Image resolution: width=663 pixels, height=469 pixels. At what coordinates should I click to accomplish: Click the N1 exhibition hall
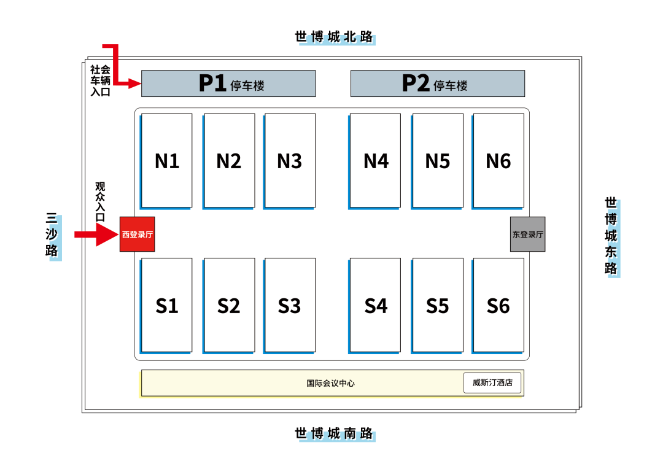[x=166, y=160]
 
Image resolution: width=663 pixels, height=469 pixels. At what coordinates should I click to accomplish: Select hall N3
[x=290, y=160]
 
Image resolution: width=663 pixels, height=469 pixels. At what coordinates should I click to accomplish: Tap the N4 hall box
[x=376, y=160]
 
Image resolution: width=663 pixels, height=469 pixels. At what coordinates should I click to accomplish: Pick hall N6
[x=498, y=160]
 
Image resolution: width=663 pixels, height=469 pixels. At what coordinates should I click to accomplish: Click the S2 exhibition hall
[x=229, y=305]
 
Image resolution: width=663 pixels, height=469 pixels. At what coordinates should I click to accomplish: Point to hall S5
[x=438, y=305]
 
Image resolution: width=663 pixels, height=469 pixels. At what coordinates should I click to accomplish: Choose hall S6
[x=498, y=305]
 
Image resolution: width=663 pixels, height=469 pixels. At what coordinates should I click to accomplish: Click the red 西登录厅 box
[x=137, y=234]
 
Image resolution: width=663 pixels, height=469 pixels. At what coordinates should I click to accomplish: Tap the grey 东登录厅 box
[x=527, y=234]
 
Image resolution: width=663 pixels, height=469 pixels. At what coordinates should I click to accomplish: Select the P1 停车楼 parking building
[x=228, y=83]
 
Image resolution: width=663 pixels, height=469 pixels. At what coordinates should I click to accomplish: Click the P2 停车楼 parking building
[x=437, y=83]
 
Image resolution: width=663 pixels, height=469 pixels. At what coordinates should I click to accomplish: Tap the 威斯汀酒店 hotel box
[x=492, y=382]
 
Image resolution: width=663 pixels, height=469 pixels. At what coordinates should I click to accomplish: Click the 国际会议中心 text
[x=331, y=383]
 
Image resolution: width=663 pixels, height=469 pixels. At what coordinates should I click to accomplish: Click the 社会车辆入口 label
[x=101, y=81]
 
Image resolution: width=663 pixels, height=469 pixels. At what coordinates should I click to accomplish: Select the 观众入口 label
[x=100, y=201]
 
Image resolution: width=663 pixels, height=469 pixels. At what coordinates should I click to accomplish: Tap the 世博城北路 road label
[x=335, y=37]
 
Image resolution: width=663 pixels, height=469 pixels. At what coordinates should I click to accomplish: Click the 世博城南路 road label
[x=335, y=434]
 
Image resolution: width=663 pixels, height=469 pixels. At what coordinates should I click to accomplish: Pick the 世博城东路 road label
[x=611, y=236]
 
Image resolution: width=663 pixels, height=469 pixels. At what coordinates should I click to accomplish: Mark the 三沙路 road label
[x=53, y=236]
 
